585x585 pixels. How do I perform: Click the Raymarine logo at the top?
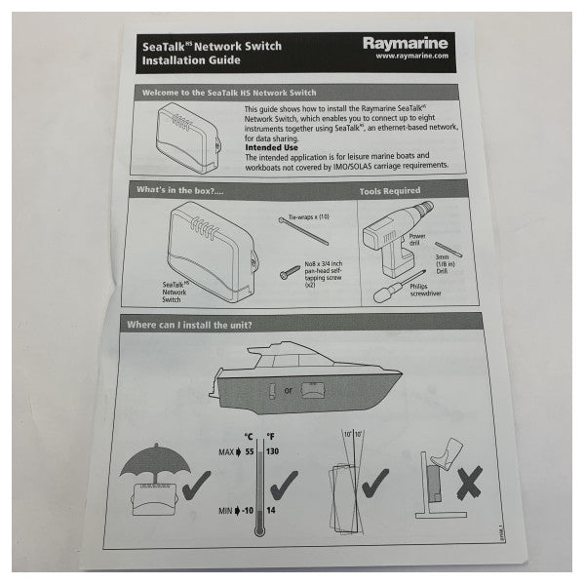[x=401, y=44]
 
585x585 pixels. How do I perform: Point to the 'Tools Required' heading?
[x=390, y=193]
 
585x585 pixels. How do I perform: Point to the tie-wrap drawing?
[x=303, y=236]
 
